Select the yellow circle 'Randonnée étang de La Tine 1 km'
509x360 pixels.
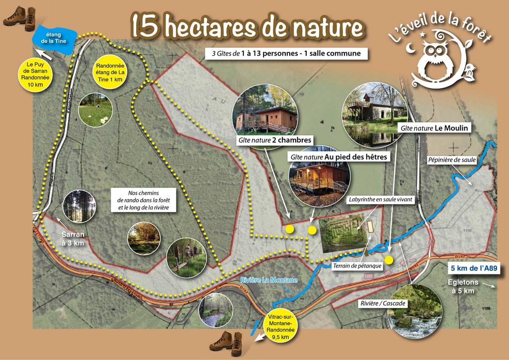click(x=110, y=73)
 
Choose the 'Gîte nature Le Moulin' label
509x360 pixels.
click(x=434, y=128)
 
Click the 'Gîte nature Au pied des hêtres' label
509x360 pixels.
click(x=339, y=157)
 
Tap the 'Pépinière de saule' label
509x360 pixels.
click(x=452, y=160)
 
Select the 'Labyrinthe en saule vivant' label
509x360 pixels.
click(x=380, y=199)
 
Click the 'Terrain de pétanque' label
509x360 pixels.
click(x=357, y=266)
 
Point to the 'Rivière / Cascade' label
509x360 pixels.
click(x=382, y=303)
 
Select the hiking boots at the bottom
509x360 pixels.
click(x=226, y=341)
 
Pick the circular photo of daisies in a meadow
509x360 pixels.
click(x=95, y=109)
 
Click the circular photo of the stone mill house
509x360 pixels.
click(x=374, y=115)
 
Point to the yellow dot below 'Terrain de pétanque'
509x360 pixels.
click(x=389, y=260)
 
